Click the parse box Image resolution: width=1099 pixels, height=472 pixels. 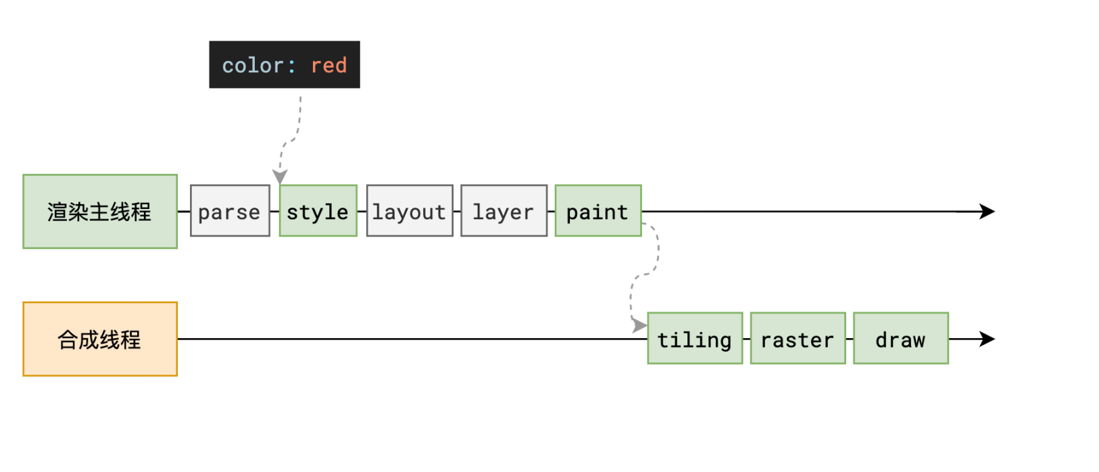click(x=230, y=211)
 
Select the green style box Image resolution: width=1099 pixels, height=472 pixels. click(x=318, y=211)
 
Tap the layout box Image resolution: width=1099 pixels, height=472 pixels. click(x=410, y=211)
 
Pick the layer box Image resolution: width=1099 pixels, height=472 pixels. click(x=504, y=211)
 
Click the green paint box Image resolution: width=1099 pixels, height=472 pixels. click(x=598, y=211)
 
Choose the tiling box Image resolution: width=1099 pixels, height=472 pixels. click(x=695, y=339)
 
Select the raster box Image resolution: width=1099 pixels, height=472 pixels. click(x=798, y=339)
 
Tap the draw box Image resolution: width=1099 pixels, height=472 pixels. click(x=901, y=339)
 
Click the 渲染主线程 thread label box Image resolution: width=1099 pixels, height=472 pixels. click(x=100, y=212)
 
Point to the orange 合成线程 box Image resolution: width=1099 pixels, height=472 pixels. click(x=100, y=339)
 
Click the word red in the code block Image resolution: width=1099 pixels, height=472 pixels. click(x=329, y=66)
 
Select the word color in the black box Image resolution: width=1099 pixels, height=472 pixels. click(x=253, y=66)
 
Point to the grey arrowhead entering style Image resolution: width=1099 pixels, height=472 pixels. click(x=280, y=176)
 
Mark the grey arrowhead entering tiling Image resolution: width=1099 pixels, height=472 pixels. click(x=640, y=325)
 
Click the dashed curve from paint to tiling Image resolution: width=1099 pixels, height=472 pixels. click(x=643, y=274)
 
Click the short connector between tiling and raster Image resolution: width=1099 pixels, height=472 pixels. click(x=747, y=339)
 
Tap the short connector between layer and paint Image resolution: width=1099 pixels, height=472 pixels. click(x=552, y=212)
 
